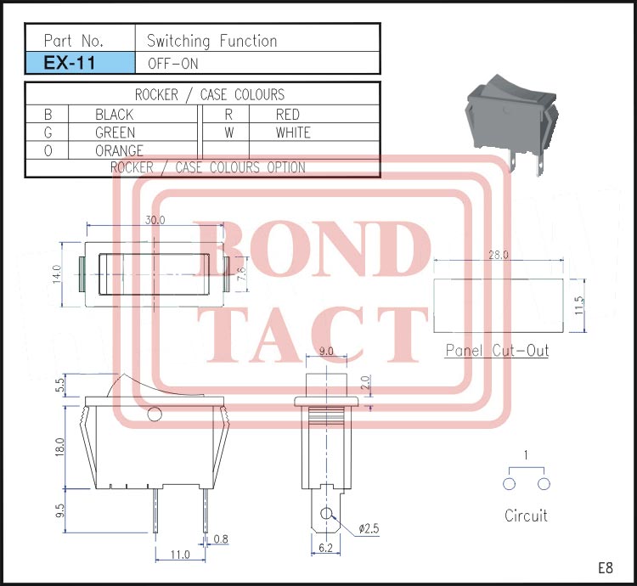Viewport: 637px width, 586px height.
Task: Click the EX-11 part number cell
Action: click(80, 63)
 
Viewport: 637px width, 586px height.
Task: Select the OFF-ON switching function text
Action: click(172, 63)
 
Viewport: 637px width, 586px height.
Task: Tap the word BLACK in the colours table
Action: click(115, 114)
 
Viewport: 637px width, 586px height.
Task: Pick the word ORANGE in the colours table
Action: click(119, 150)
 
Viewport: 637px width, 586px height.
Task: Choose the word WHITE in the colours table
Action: click(293, 132)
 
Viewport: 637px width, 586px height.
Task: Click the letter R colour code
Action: click(228, 114)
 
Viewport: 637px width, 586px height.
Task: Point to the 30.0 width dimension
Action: click(155, 219)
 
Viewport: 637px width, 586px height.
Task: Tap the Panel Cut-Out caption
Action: click(498, 350)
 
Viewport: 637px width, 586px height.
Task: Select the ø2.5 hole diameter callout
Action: click(369, 528)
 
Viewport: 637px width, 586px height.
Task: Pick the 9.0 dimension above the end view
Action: click(324, 351)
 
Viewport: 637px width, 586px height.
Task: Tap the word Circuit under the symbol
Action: click(526, 516)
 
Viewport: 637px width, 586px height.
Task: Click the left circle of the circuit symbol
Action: click(510, 484)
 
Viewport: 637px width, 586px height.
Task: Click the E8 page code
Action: click(605, 567)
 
